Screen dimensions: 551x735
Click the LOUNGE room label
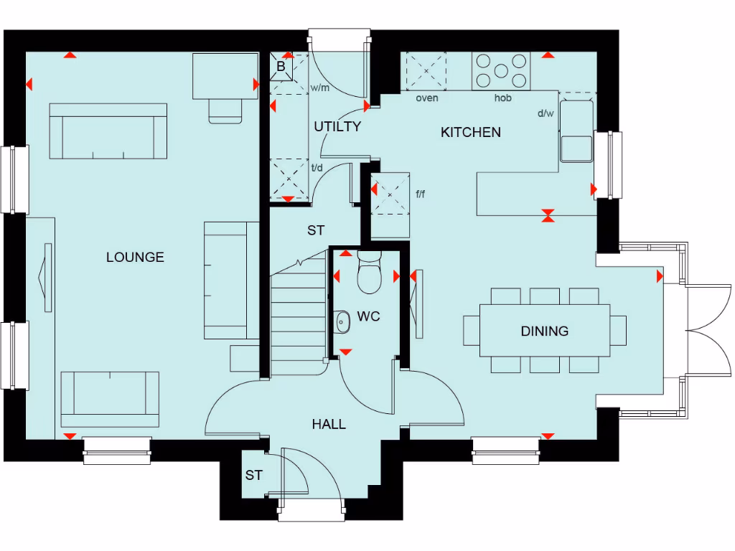[135, 257]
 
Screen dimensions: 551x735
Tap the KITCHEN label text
[470, 132]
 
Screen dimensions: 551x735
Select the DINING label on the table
[544, 331]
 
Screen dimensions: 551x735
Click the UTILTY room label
[337, 127]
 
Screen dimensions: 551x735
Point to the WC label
[368, 316]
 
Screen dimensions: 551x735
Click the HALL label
[329, 424]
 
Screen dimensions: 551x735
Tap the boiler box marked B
[281, 67]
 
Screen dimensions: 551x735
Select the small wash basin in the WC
[342, 321]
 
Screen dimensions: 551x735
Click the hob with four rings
[501, 70]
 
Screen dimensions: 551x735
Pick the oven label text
[427, 98]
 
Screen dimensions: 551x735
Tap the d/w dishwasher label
[546, 113]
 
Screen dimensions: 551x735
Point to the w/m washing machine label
[319, 88]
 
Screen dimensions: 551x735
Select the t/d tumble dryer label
[317, 168]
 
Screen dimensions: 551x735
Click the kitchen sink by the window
[577, 131]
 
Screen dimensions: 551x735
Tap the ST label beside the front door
[253, 475]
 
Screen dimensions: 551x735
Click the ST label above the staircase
[316, 230]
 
